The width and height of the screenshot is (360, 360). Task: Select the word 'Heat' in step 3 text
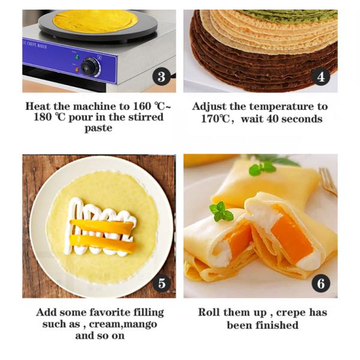coord(41,106)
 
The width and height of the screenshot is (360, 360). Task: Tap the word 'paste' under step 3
coord(98,128)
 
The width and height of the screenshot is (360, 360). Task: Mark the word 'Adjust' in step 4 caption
coord(209,106)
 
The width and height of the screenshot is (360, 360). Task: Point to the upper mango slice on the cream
coord(102,227)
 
